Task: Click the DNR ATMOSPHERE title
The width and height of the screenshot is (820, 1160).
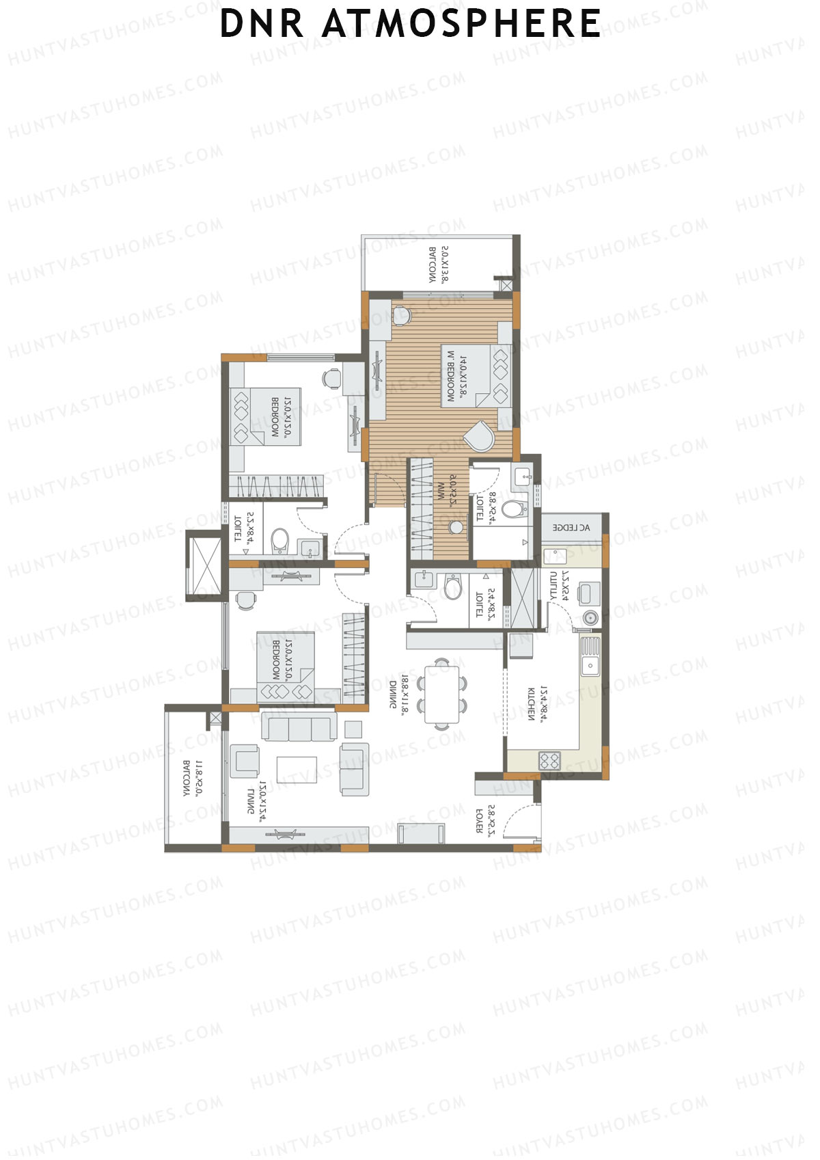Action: (410, 23)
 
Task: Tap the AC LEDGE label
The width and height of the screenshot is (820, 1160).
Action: (571, 528)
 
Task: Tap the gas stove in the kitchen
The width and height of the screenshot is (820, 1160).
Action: (549, 759)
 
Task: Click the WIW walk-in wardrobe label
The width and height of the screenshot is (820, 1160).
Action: (441, 490)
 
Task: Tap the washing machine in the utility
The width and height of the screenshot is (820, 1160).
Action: (588, 618)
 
